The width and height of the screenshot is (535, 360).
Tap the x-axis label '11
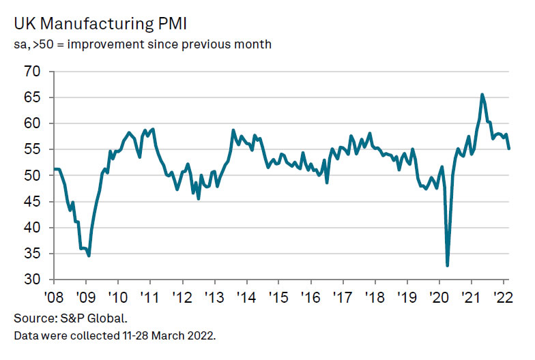pyautogui.click(x=150, y=298)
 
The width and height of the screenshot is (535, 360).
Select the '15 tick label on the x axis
pyautogui.click(x=278, y=298)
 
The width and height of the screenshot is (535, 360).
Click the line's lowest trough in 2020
pyautogui.click(x=448, y=265)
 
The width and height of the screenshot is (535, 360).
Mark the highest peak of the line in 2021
pyautogui.click(x=482, y=95)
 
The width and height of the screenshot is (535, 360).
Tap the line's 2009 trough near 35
pyautogui.click(x=89, y=255)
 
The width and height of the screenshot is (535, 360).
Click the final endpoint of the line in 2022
pyautogui.click(x=508, y=148)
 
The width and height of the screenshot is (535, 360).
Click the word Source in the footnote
pyautogui.click(x=32, y=318)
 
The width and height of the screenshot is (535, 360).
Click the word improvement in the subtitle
pyautogui.click(x=111, y=45)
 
